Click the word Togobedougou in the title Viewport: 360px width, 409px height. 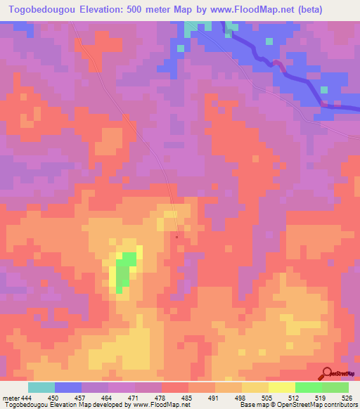pos(42,11)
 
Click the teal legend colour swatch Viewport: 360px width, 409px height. pos(41,387)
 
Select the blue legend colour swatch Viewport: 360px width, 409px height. pos(68,387)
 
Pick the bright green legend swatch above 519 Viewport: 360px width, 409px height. pos(308,387)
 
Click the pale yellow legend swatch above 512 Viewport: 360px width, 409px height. pos(282,387)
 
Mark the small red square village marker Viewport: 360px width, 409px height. pos(176,236)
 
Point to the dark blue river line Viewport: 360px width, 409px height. pos(295,77)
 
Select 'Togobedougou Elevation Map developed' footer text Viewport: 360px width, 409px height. pos(49,405)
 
